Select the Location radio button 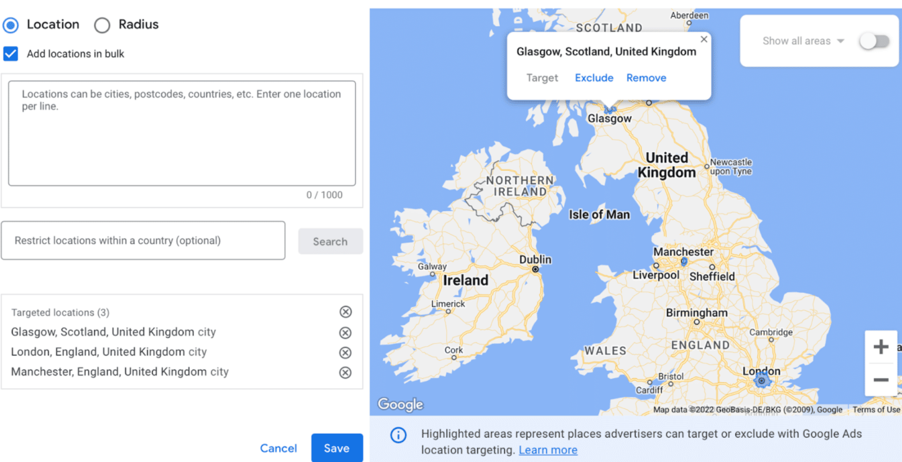(11, 25)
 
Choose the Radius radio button (102, 25)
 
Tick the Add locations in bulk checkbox (11, 54)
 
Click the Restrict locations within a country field (143, 240)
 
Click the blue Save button (336, 448)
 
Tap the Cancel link (278, 448)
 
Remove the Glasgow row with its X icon (345, 333)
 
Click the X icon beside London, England (345, 353)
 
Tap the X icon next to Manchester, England (345, 373)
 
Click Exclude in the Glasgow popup (594, 78)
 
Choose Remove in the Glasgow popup (646, 78)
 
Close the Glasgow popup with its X (704, 39)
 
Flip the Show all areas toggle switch (874, 41)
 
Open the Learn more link (548, 450)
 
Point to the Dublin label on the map (535, 260)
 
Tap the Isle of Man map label (599, 215)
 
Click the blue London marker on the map (762, 381)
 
